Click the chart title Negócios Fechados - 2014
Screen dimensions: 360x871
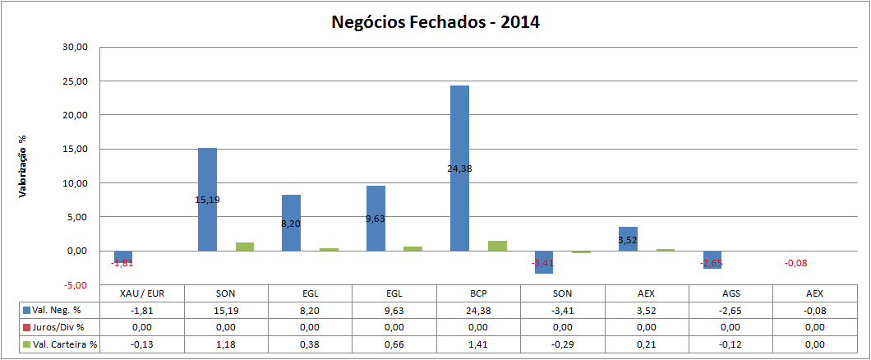(x=435, y=22)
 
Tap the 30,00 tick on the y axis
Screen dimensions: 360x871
(x=74, y=48)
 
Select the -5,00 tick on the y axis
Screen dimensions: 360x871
(x=74, y=284)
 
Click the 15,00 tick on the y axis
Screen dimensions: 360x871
(x=74, y=149)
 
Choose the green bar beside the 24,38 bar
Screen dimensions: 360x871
(x=497, y=246)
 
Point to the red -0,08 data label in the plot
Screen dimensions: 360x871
(x=795, y=263)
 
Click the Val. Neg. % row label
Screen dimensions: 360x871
(x=58, y=311)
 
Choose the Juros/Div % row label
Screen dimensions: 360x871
(x=58, y=327)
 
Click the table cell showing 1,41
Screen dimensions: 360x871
(x=477, y=344)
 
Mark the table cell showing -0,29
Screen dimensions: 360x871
(x=561, y=344)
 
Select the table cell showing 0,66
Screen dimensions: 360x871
(x=394, y=344)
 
